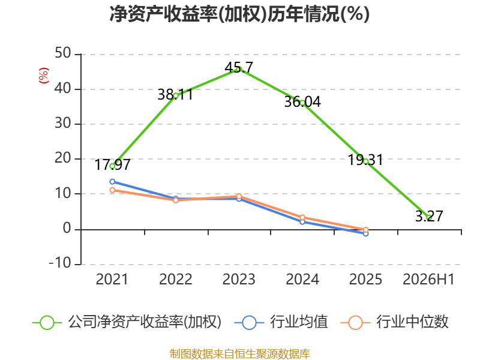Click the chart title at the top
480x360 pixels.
pyautogui.click(x=239, y=14)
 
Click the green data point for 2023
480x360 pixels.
pyautogui.click(x=239, y=69)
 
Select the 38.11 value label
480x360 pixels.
pyautogui.click(x=175, y=94)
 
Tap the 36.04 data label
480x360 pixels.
pyautogui.click(x=302, y=101)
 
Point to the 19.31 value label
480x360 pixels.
pyautogui.click(x=365, y=160)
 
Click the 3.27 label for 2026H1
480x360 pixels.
pyautogui.click(x=429, y=216)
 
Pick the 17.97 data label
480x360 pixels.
pyautogui.click(x=112, y=164)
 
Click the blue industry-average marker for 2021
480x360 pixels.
pyautogui.click(x=112, y=182)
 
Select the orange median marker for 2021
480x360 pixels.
pyautogui.click(x=112, y=190)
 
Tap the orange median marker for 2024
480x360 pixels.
pyautogui.click(x=302, y=217)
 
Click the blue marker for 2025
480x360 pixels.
pyautogui.click(x=366, y=233)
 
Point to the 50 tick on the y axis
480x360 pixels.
pyautogui.click(x=63, y=53)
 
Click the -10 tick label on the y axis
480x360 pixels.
pyautogui.click(x=60, y=263)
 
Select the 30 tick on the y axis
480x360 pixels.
pyautogui.click(x=63, y=124)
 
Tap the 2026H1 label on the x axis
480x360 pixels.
pyautogui.click(x=428, y=279)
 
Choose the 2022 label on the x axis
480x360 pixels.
pyautogui.click(x=175, y=279)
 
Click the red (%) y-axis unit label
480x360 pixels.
pyautogui.click(x=43, y=76)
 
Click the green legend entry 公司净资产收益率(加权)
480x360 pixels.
pyautogui.click(x=127, y=322)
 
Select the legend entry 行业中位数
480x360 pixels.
pyautogui.click(x=394, y=322)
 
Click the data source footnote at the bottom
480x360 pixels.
pyautogui.click(x=240, y=354)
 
